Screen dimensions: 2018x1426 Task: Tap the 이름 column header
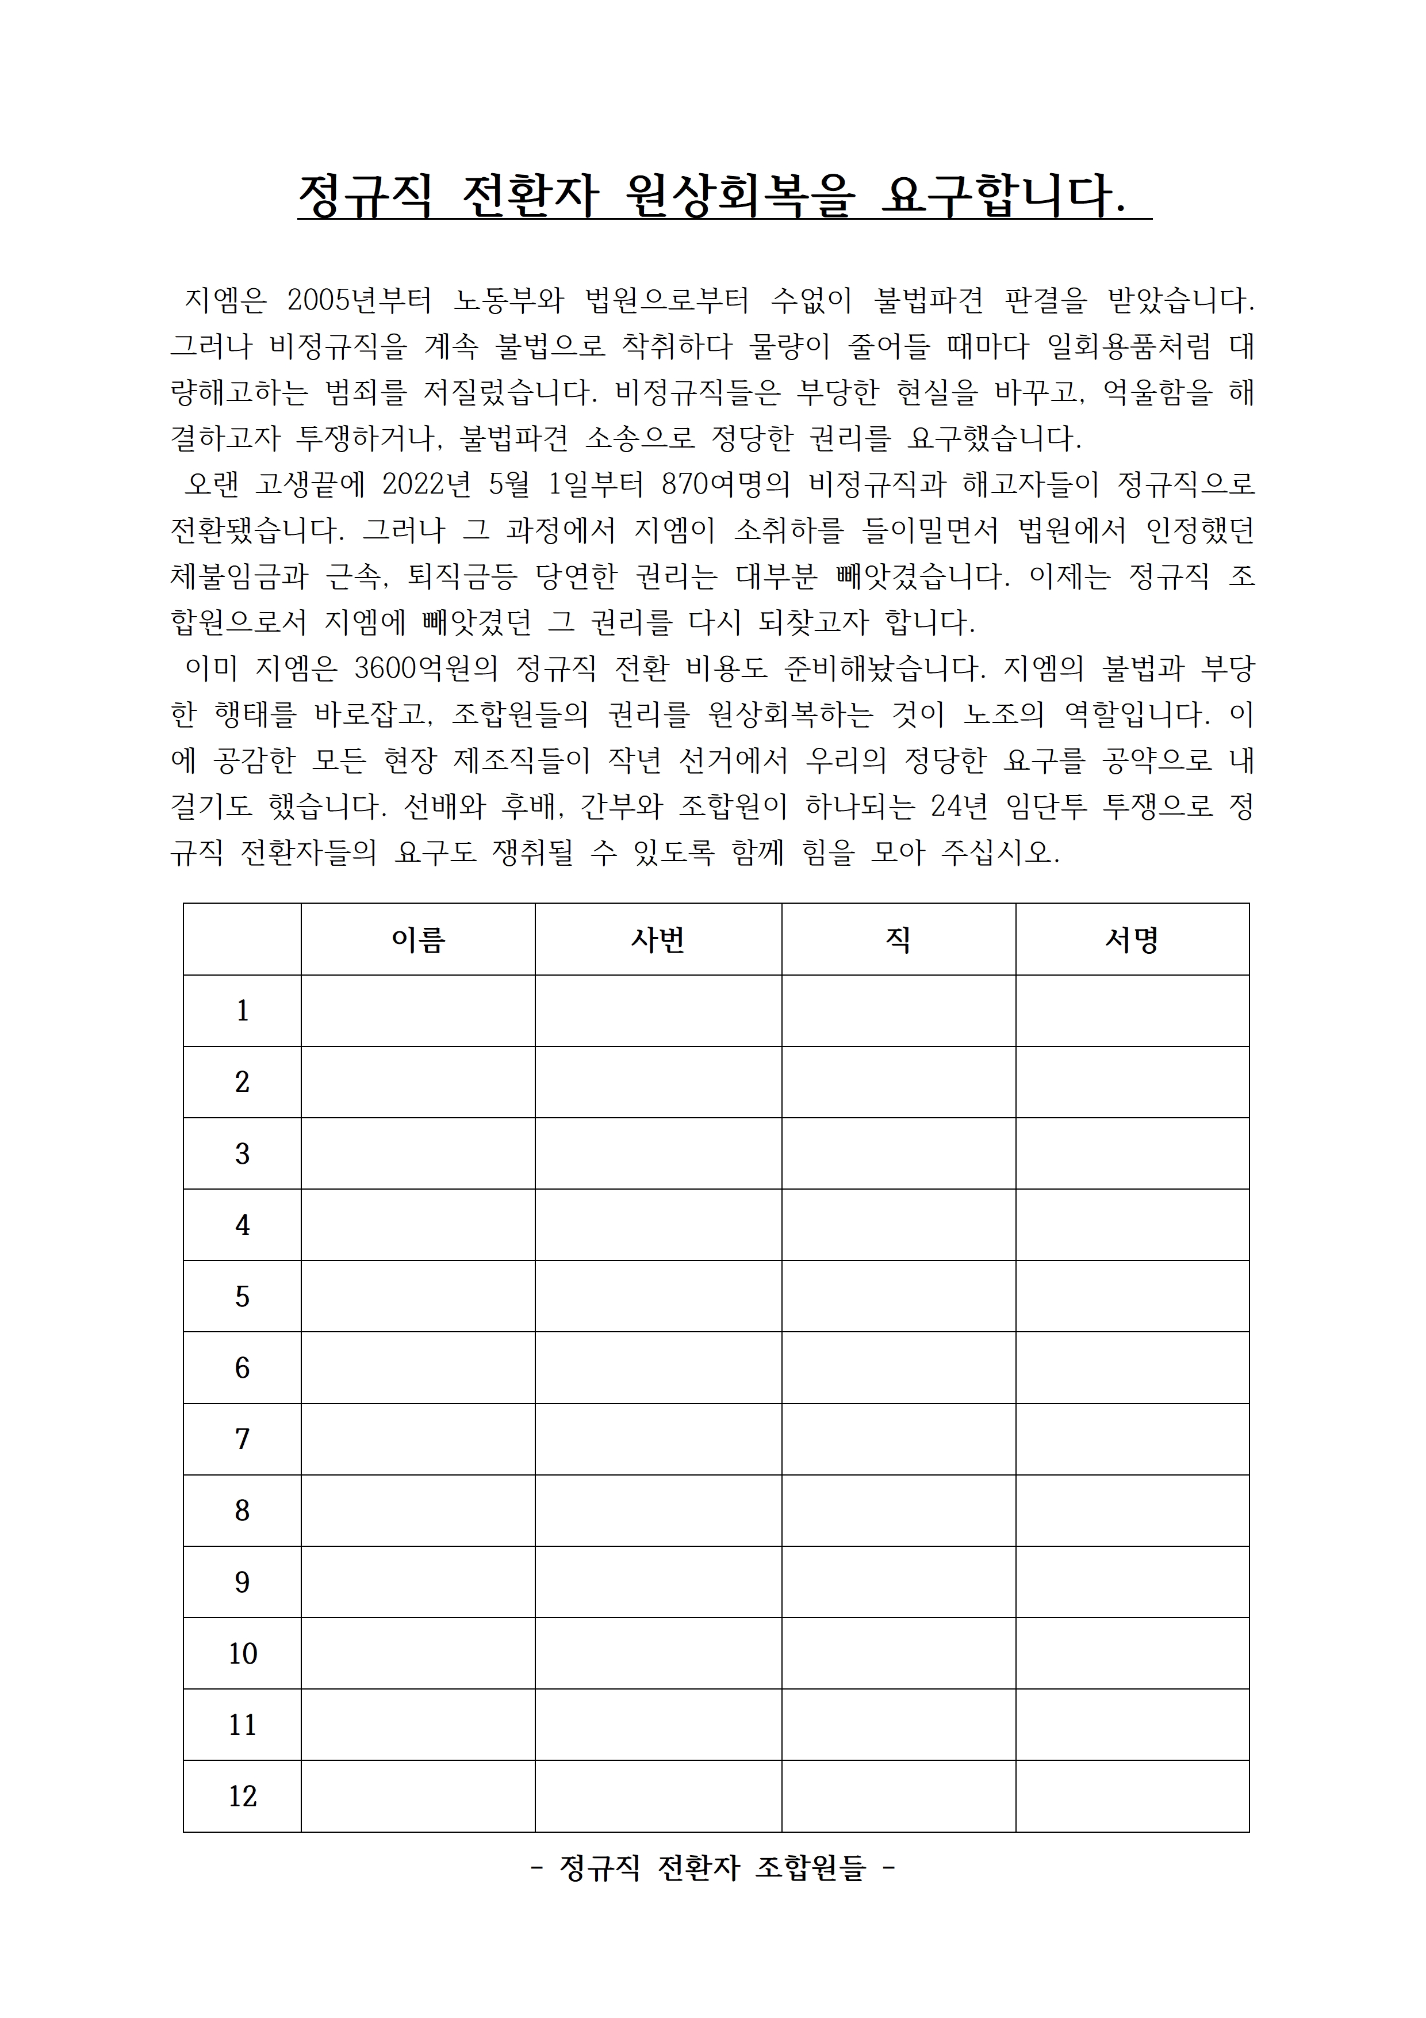coord(418,939)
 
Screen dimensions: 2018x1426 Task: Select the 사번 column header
coord(658,939)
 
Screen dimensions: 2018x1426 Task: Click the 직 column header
coord(898,939)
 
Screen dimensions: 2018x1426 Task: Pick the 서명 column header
coord(1132,939)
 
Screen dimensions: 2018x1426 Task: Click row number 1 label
coord(243,1011)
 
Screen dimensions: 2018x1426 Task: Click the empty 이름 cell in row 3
coord(418,1153)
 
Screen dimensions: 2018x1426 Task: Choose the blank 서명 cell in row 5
coord(1132,1297)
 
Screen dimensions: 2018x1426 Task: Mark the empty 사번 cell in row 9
coord(658,1582)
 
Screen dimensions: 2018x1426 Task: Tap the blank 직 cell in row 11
coord(898,1725)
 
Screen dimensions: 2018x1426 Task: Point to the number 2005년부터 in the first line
coord(360,301)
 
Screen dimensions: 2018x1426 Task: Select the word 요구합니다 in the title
coord(1002,195)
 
